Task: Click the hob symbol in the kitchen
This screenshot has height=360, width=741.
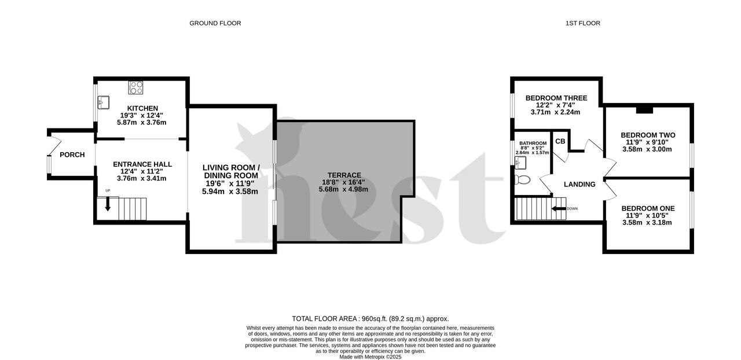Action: tap(136, 88)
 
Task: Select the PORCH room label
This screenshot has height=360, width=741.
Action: tap(72, 155)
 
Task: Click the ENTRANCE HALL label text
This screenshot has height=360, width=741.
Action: tap(142, 164)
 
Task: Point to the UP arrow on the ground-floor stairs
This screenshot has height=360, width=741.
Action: tap(107, 204)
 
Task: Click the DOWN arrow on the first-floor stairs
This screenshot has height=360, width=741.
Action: tap(559, 208)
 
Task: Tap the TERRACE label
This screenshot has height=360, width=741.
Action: tap(344, 175)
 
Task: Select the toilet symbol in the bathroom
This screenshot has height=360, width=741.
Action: tap(523, 180)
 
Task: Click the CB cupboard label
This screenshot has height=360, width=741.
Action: tap(560, 141)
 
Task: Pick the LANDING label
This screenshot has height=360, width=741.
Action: tap(579, 185)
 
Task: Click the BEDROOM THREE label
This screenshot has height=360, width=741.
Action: tap(556, 98)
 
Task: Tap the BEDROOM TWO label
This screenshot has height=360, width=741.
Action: tap(648, 135)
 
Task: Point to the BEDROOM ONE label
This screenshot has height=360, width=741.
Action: tap(648, 208)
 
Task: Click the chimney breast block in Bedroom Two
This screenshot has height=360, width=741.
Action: tap(644, 109)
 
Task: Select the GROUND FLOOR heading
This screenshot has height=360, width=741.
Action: tap(215, 23)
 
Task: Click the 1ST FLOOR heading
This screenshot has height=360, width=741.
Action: tap(582, 23)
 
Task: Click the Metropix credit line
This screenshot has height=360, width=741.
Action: tap(370, 357)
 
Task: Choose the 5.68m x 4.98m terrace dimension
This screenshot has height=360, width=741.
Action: tap(344, 189)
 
